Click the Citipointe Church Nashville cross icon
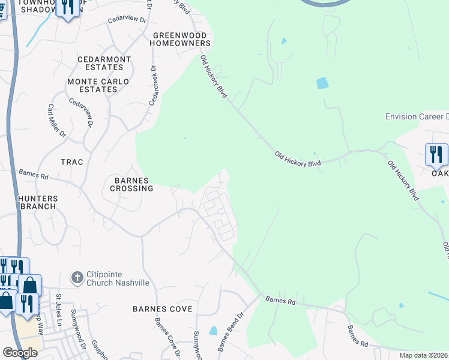tap(77, 277)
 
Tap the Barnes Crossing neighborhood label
tap(131, 184)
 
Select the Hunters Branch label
tap(37, 202)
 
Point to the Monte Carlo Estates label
tap(92, 85)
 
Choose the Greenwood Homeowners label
tap(180, 40)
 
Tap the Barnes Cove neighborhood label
tap(163, 309)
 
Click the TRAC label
tap(71, 162)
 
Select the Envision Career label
tap(417, 116)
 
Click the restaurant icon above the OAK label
tap(436, 154)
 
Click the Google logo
tap(20, 353)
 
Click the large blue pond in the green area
tap(322, 83)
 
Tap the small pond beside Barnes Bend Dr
tap(213, 331)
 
